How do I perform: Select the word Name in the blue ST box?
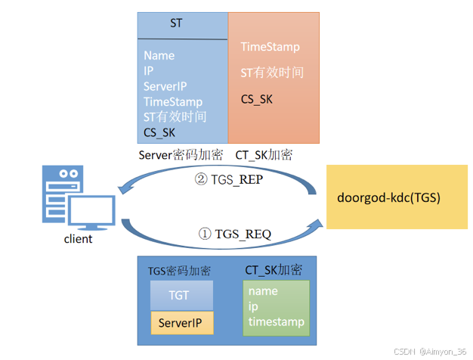[159, 55]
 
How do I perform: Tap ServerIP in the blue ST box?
[165, 86]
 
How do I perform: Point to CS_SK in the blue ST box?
[159, 132]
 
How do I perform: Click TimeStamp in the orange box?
[270, 47]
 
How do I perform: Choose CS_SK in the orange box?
[256, 99]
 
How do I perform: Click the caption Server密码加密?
[181, 155]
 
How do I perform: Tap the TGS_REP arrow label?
[229, 179]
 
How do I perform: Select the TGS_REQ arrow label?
[235, 234]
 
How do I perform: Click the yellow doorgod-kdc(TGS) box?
[397, 197]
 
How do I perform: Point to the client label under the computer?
[78, 239]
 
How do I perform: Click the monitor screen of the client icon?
[91, 210]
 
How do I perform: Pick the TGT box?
[181, 295]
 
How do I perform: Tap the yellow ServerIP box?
[182, 323]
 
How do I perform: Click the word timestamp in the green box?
[277, 322]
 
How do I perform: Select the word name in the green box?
[263, 291]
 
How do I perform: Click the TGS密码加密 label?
[179, 271]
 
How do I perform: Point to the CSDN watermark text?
[430, 352]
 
